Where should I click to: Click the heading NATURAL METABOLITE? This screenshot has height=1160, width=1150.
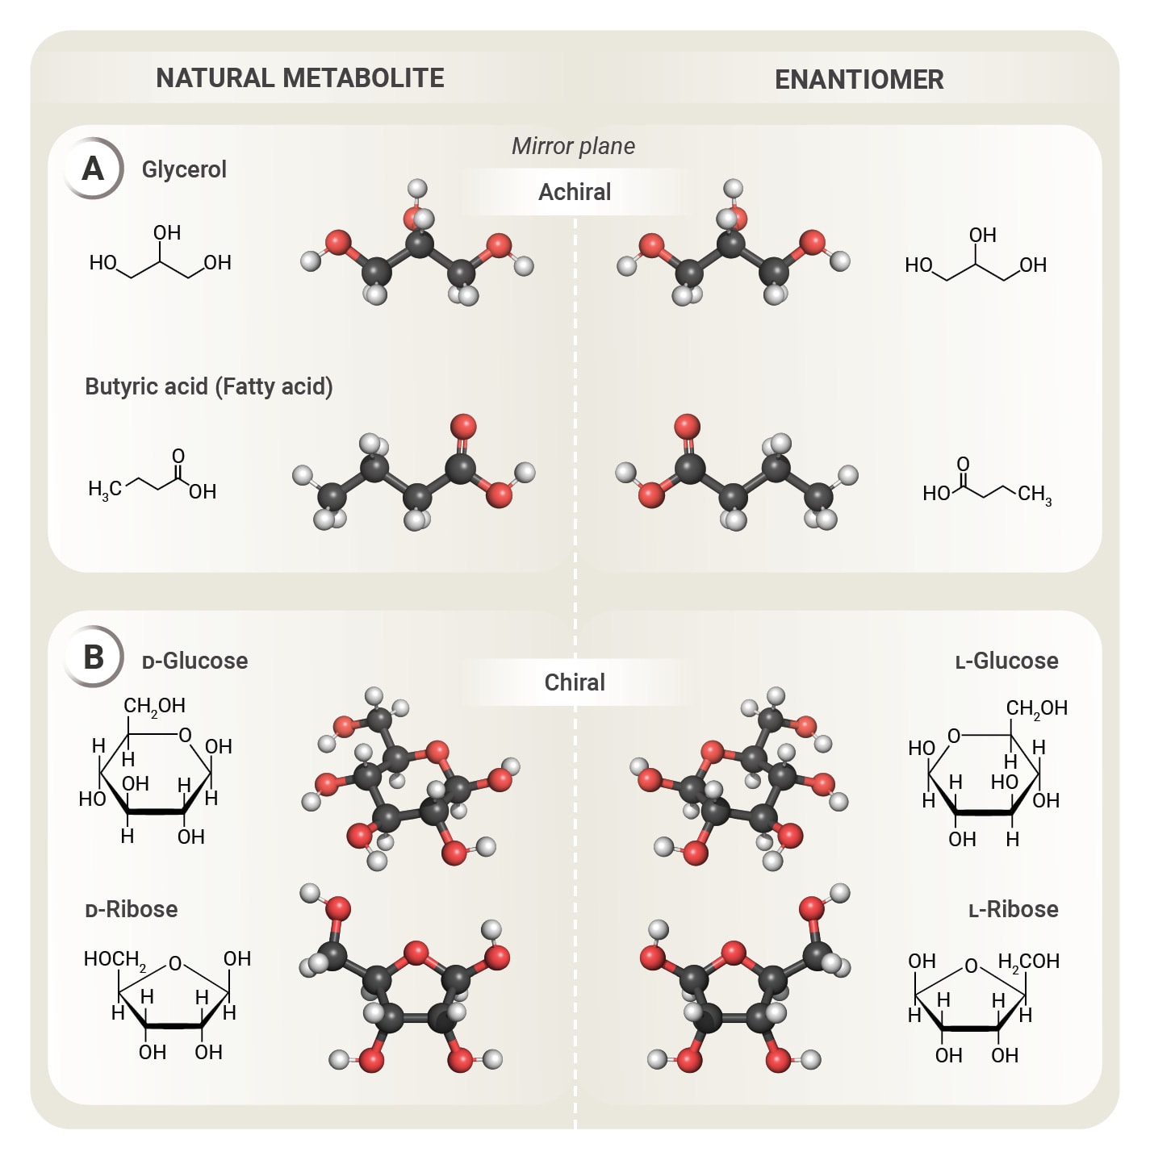(299, 78)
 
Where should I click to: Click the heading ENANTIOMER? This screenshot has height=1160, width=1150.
(859, 80)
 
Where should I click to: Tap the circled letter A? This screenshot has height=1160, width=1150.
(94, 169)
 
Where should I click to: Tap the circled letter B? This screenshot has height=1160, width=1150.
(94, 657)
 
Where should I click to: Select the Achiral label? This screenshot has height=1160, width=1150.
(575, 192)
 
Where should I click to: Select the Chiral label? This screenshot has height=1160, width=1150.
(575, 682)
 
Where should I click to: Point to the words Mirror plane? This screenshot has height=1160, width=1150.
(573, 146)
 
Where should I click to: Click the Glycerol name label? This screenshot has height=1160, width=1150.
(184, 169)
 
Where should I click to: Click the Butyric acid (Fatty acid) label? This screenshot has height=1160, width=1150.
(209, 386)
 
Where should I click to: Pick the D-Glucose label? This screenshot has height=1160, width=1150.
(194, 661)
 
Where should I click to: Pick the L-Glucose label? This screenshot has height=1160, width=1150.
(1006, 661)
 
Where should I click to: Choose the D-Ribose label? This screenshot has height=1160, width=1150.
(132, 909)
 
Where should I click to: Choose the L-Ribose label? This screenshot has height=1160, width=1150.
(1013, 909)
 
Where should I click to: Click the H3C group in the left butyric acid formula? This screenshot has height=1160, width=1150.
(105, 489)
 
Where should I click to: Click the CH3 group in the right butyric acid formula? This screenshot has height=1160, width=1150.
(1035, 494)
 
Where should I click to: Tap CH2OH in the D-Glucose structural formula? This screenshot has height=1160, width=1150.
(154, 706)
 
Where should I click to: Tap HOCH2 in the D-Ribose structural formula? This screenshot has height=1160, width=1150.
(115, 959)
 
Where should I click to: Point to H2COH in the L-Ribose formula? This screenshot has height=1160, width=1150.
(1028, 962)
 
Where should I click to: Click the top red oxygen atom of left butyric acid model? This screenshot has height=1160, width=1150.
(463, 427)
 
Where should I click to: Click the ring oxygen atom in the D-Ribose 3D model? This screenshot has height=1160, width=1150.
(416, 953)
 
